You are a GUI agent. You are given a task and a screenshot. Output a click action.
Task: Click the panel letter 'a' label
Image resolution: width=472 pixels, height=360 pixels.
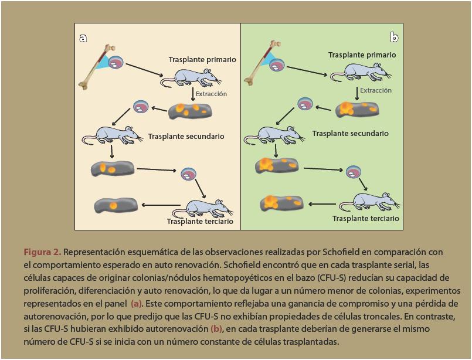coord(83,38)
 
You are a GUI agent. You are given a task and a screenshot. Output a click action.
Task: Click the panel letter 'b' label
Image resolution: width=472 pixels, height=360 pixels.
coord(394,38)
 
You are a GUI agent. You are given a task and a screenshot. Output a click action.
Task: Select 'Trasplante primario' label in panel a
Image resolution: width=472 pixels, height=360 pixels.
coord(202,60)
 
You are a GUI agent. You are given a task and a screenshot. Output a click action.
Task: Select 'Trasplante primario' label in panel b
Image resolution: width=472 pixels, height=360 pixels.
coord(362,55)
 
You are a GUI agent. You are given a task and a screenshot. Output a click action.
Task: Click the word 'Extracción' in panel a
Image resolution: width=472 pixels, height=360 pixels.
coord(210,94)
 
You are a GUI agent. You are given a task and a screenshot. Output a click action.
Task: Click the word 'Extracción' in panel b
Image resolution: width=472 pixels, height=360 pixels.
coord(376,91)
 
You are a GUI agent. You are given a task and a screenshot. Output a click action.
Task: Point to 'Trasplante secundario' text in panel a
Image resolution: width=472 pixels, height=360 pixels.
coord(186,137)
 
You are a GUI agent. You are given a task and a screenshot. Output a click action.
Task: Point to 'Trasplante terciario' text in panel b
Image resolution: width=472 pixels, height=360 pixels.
coord(365,219)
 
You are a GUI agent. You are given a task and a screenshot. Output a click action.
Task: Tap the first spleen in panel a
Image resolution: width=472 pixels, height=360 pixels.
coord(189,111)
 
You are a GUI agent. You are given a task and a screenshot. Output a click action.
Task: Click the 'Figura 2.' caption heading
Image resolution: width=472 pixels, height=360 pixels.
coord(42,252)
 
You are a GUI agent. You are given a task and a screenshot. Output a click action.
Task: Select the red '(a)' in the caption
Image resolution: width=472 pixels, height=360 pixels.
coord(136,304)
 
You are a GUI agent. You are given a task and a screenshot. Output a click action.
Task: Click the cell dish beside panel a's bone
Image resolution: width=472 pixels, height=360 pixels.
coord(117,62)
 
